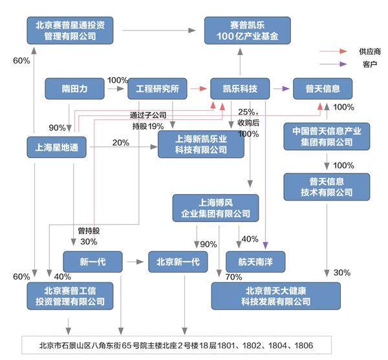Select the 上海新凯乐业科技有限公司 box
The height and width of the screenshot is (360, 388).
[x=201, y=144]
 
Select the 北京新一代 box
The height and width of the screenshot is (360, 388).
[x=178, y=262]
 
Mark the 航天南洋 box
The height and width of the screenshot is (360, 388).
[x=255, y=262]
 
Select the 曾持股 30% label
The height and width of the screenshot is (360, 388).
[x=89, y=236]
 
